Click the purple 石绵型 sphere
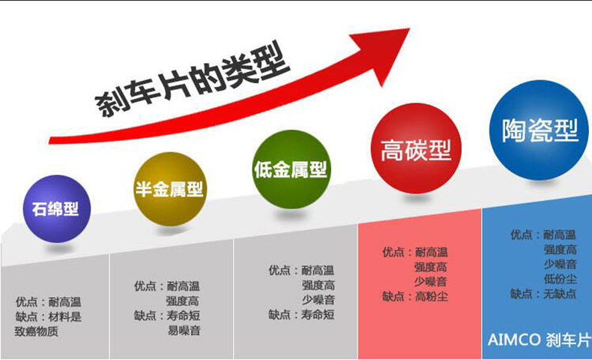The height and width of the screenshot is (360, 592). [57, 208]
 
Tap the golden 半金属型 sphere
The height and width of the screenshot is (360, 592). [170, 189]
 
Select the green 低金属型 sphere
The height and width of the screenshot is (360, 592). [291, 169]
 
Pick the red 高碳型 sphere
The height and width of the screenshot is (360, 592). [416, 148]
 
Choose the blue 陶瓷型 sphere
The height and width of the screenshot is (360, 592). [539, 130]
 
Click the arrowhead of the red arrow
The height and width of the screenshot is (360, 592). [385, 53]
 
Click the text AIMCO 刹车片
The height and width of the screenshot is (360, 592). [539, 340]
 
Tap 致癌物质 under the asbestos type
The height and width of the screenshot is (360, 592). [36, 331]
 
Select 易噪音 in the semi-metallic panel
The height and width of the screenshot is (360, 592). [184, 331]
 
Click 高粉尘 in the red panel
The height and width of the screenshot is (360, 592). [432, 296]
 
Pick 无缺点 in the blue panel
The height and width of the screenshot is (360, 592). [560, 294]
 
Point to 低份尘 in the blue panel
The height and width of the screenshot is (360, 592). [561, 279]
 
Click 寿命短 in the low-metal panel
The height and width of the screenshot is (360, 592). [318, 314]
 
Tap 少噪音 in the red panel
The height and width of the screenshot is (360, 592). [430, 281]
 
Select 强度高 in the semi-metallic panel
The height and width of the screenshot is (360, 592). [182, 301]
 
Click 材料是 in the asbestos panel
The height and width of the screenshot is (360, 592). [64, 316]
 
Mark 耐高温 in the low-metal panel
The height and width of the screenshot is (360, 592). [318, 271]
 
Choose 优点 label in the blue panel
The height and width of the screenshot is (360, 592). [522, 235]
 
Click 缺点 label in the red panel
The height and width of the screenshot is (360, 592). [393, 296]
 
